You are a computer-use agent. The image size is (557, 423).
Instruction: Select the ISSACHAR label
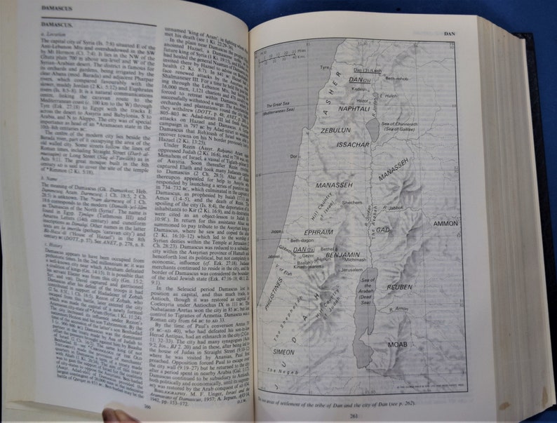351,145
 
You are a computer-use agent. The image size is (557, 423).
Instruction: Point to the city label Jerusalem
353,269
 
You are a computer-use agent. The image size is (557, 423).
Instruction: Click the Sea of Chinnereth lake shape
373,129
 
